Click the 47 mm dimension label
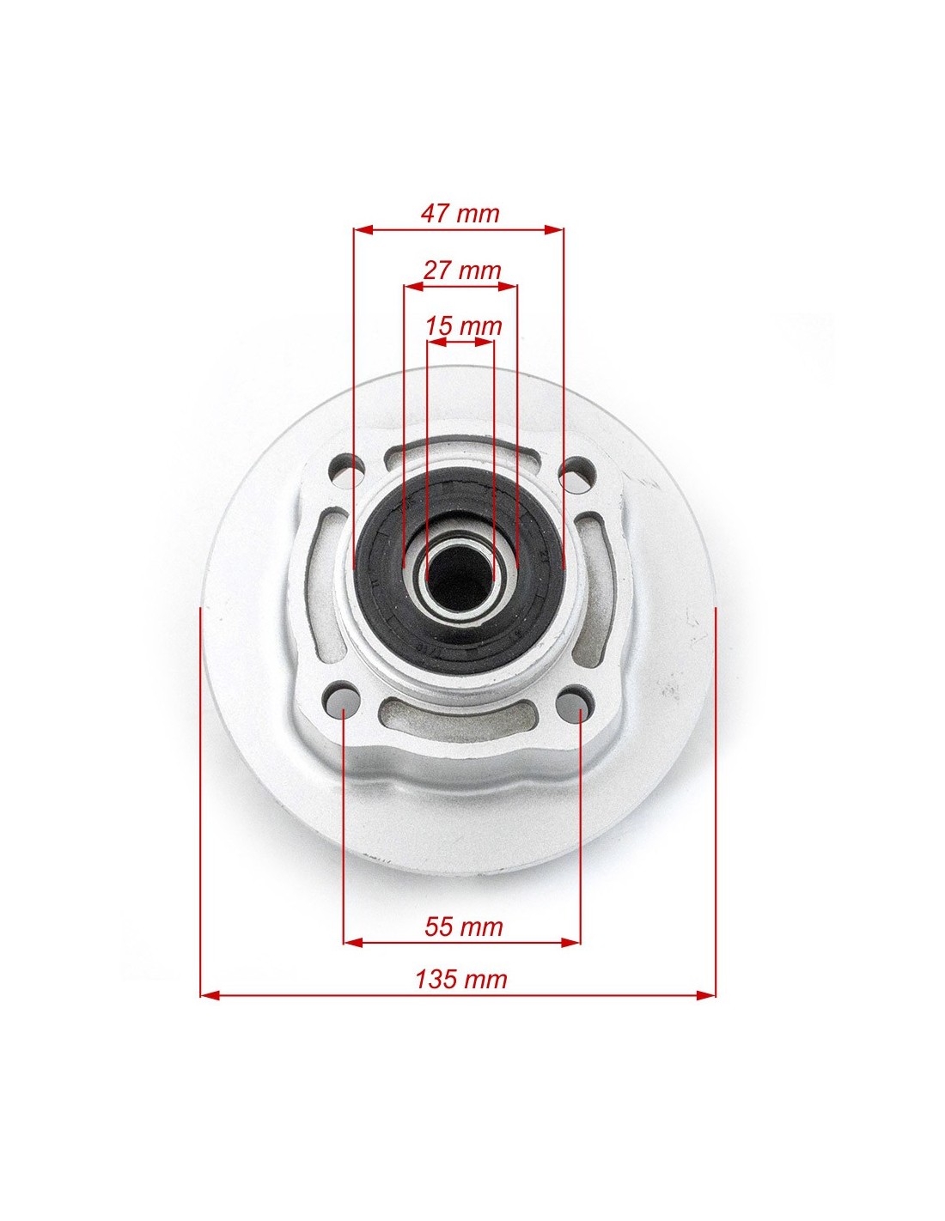460,214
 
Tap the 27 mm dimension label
461,270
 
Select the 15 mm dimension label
463,325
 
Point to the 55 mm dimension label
463,926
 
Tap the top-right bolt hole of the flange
577,471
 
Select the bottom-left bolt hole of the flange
342,698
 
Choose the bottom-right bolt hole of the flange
574,701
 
